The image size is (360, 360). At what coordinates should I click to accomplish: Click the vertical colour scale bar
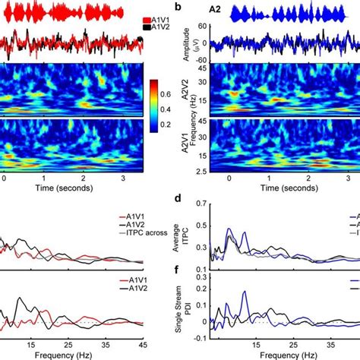point(154,104)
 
